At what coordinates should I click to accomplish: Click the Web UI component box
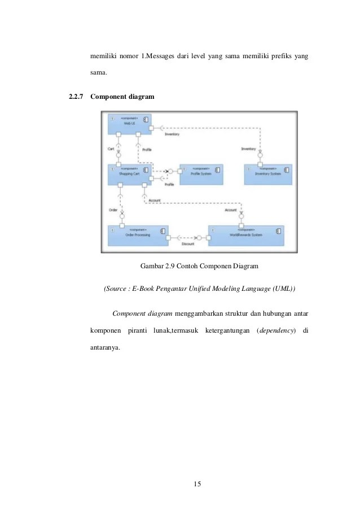(130, 123)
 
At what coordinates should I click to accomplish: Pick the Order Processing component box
(138, 234)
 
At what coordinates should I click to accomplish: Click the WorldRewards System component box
(246, 234)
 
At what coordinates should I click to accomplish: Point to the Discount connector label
(188, 244)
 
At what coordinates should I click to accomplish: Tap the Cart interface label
(111, 149)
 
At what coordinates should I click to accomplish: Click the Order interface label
(112, 210)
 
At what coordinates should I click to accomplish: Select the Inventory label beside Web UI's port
(172, 134)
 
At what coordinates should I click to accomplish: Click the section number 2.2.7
(72, 97)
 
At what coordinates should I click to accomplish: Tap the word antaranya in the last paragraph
(106, 346)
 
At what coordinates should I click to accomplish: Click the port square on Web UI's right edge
(152, 128)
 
